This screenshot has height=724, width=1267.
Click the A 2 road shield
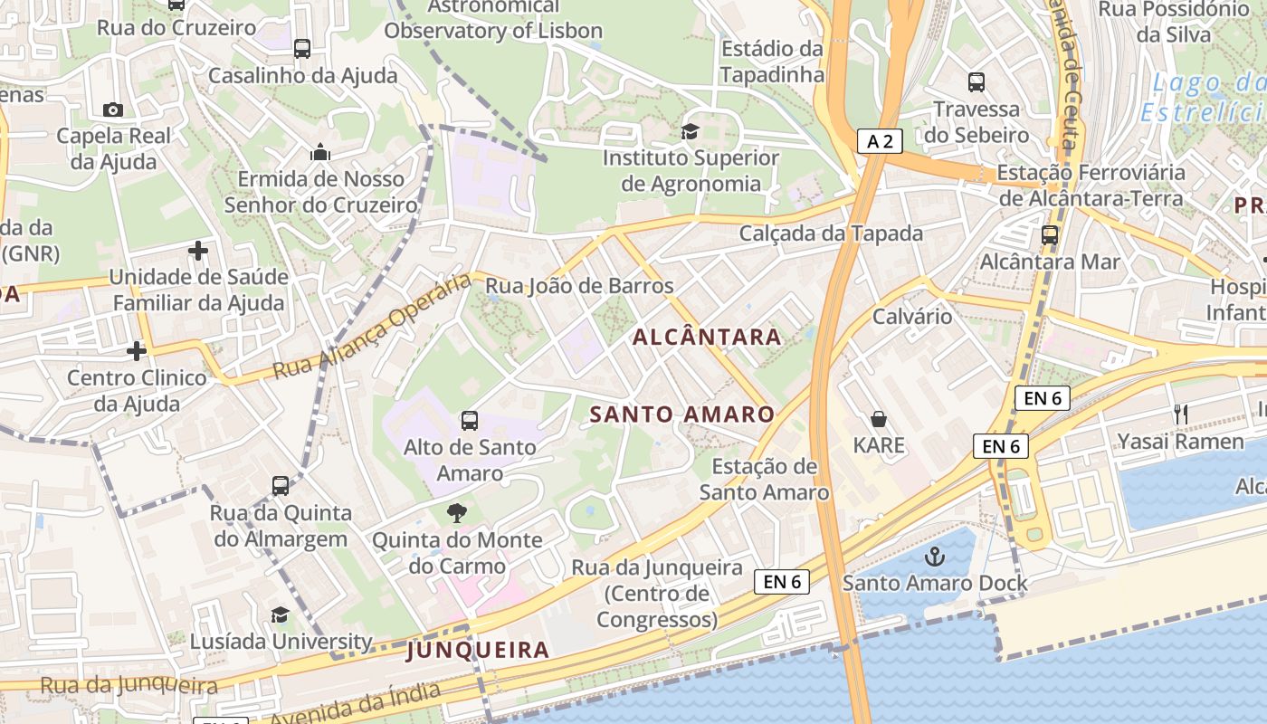point(880,141)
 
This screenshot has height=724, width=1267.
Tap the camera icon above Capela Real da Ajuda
point(113,110)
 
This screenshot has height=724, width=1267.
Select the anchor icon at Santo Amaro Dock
point(934,556)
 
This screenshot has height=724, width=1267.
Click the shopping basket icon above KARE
point(878,418)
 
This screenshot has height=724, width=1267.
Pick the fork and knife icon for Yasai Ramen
point(1180,414)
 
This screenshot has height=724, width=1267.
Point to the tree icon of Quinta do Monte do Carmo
point(457,513)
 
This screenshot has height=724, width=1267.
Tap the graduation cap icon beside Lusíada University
point(280,615)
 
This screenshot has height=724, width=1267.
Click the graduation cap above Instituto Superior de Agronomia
point(691,132)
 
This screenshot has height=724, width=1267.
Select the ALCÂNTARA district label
point(707,338)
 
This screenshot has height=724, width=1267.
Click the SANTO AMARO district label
point(682,414)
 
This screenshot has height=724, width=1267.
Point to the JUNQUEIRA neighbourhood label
point(478,650)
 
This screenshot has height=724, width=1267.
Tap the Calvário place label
point(912,317)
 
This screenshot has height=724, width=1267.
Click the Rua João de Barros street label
point(580,286)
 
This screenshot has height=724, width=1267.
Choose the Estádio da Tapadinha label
point(772,62)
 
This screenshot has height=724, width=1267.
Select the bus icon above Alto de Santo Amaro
point(469,420)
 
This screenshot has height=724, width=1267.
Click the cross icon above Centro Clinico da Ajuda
point(137,350)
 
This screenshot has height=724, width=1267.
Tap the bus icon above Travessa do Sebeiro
point(976,82)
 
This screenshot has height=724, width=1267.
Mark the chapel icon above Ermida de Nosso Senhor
point(320,152)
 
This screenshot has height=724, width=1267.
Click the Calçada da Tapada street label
point(831,233)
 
